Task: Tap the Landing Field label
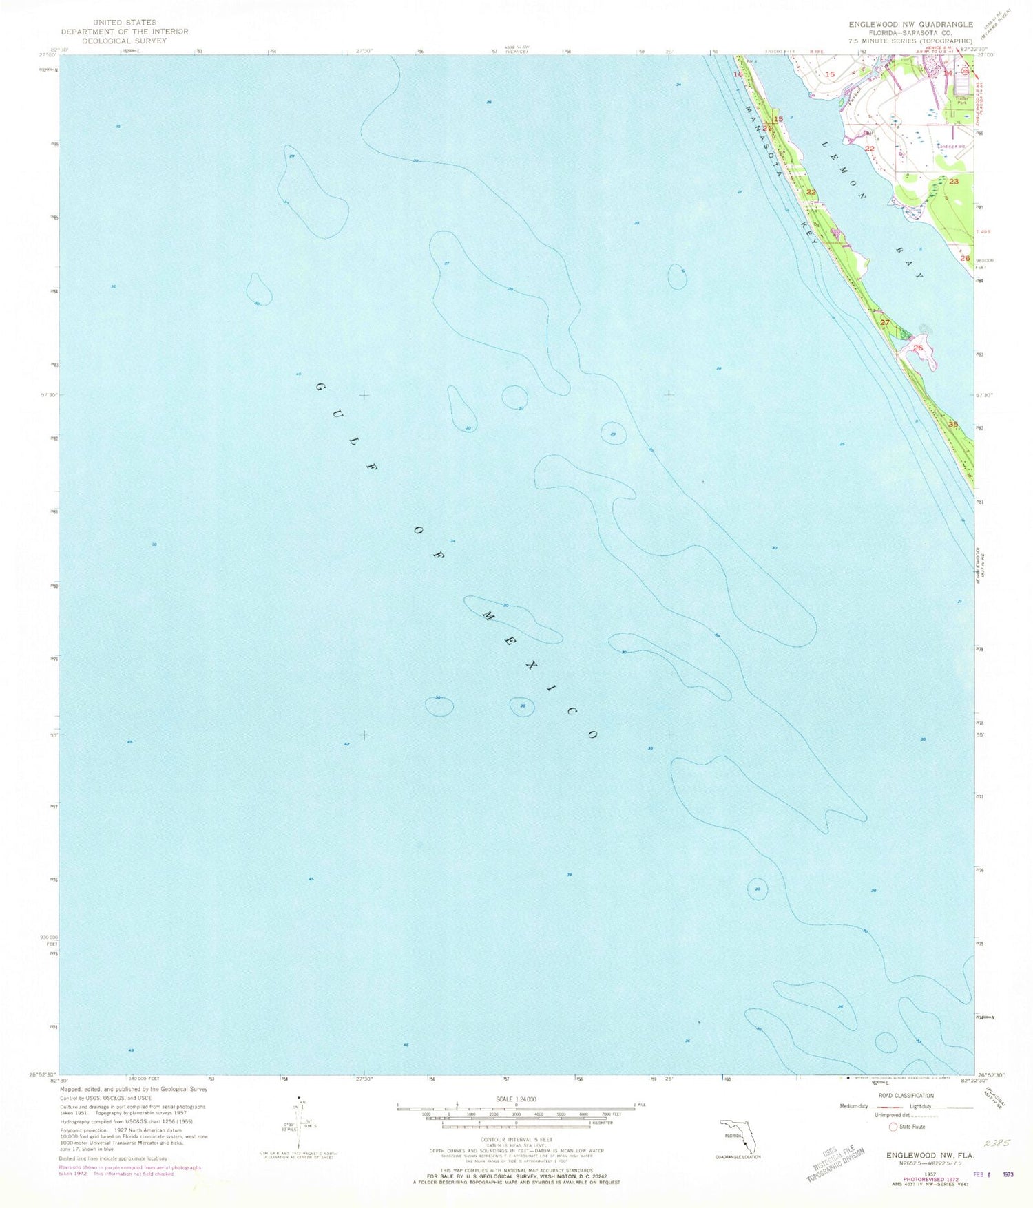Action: (950, 146)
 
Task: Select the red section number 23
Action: (954, 181)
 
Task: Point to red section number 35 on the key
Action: (953, 424)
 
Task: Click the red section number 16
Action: (738, 74)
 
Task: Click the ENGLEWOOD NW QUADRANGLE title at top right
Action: (910, 24)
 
